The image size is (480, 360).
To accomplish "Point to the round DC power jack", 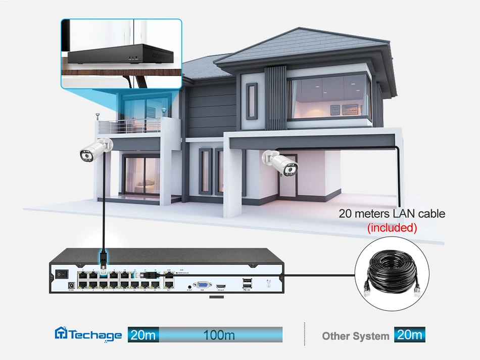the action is coord(71,287).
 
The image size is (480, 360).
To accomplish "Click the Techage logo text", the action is coord(89,335).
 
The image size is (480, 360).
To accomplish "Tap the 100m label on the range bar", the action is coord(219,335).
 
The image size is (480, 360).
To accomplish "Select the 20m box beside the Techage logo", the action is coord(143,335).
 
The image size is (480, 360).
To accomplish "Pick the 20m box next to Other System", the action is coord(410,335).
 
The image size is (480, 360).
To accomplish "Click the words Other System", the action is coord(356,336).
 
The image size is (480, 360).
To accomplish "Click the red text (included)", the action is coord(392,228).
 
